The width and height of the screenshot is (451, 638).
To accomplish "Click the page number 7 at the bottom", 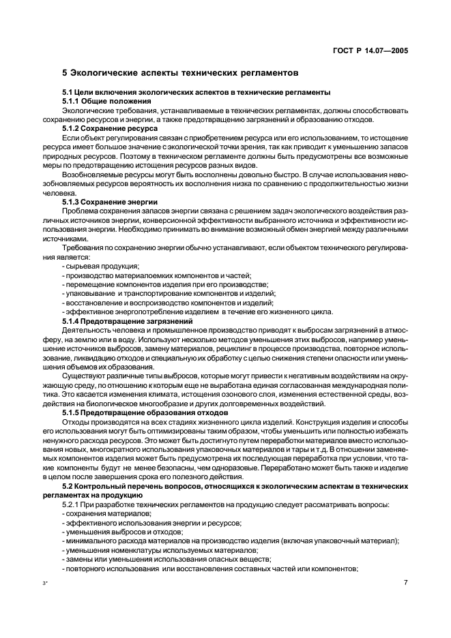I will click(405, 582).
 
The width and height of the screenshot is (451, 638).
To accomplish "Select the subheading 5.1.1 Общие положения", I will click(103, 101).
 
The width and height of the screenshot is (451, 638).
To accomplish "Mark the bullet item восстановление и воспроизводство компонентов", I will click(169, 303).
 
